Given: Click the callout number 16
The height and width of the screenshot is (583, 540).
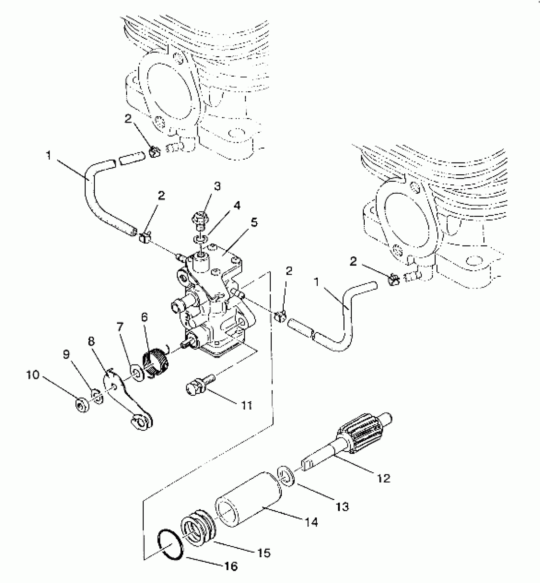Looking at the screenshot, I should (x=231, y=566).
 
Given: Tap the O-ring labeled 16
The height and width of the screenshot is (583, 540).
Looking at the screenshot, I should (x=170, y=545).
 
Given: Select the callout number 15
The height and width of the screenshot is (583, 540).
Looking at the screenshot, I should (x=263, y=553).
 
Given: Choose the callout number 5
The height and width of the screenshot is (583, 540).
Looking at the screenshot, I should (x=254, y=223).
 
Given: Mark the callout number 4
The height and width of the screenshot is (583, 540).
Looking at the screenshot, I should (x=237, y=205).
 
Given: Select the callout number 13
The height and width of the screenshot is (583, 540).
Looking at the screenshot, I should (x=342, y=506).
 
